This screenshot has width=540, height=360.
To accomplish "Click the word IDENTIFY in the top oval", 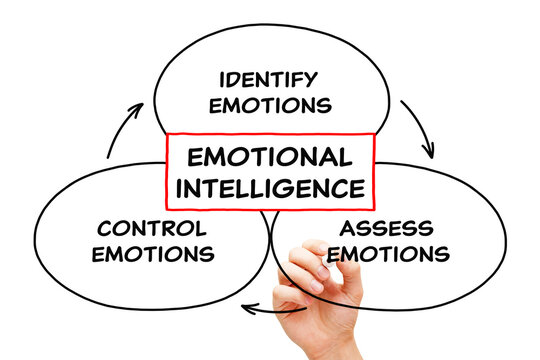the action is click(268, 78).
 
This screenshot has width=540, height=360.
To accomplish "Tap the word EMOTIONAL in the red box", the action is click(269, 157).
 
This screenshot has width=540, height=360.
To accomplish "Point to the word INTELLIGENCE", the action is click(270, 186).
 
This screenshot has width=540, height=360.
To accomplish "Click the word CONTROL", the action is click(152, 228).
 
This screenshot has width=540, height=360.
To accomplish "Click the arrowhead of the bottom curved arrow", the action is click(247, 307).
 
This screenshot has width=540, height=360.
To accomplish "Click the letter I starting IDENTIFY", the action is click(222, 78).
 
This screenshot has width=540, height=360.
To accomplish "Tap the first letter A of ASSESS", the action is click(346, 228).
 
